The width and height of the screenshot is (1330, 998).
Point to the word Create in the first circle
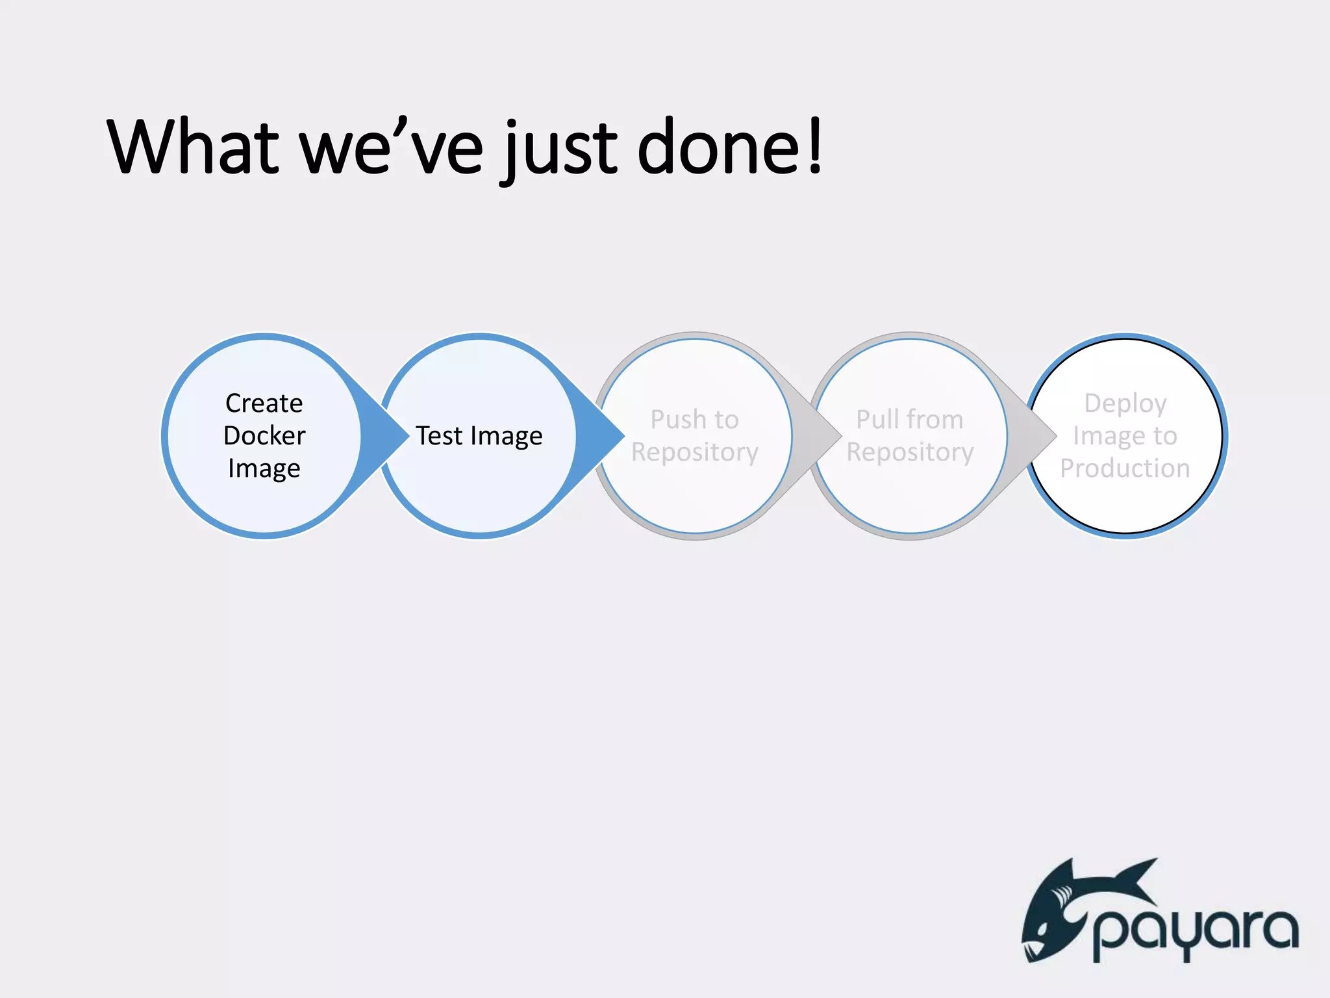coord(264,403)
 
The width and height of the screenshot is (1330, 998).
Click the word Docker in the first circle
coord(264,435)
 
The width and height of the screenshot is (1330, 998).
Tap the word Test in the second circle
coord(439,435)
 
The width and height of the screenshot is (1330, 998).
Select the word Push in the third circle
coord(673,420)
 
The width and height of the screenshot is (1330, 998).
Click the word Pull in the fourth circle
coord(875,420)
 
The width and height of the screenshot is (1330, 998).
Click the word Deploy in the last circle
coord(1125,404)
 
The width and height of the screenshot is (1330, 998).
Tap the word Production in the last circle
coord(1125,468)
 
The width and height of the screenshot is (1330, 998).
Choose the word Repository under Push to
coord(694,452)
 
